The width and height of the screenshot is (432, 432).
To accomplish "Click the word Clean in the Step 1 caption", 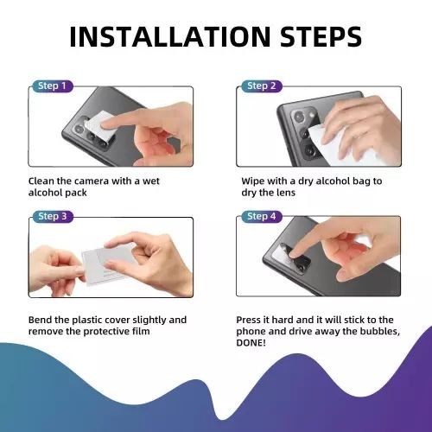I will coord(43,181).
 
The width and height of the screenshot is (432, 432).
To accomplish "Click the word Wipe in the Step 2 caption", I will coord(254,181).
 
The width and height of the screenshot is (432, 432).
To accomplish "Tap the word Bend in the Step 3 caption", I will coord(42,320).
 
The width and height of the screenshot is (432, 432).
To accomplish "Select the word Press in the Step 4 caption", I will coord(251,320).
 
